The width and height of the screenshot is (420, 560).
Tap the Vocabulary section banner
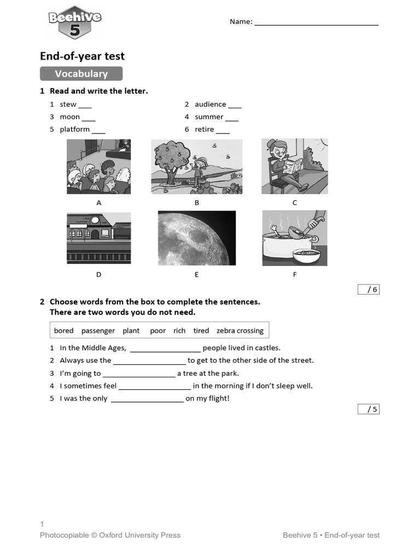[81, 74]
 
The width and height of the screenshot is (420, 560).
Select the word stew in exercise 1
[68, 104]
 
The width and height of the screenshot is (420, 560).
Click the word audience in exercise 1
[210, 104]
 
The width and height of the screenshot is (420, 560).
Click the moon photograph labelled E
[196, 238]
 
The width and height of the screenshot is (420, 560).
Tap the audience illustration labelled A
[99, 167]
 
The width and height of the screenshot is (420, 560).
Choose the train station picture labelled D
[99, 238]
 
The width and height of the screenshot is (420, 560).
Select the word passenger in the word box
[98, 331]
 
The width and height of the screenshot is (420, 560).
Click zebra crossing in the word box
[240, 331]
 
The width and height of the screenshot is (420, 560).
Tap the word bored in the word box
[63, 331]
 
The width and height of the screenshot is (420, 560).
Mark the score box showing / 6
[368, 289]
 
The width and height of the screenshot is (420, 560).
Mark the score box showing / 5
[368, 409]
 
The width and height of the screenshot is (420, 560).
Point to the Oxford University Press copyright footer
[110, 535]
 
